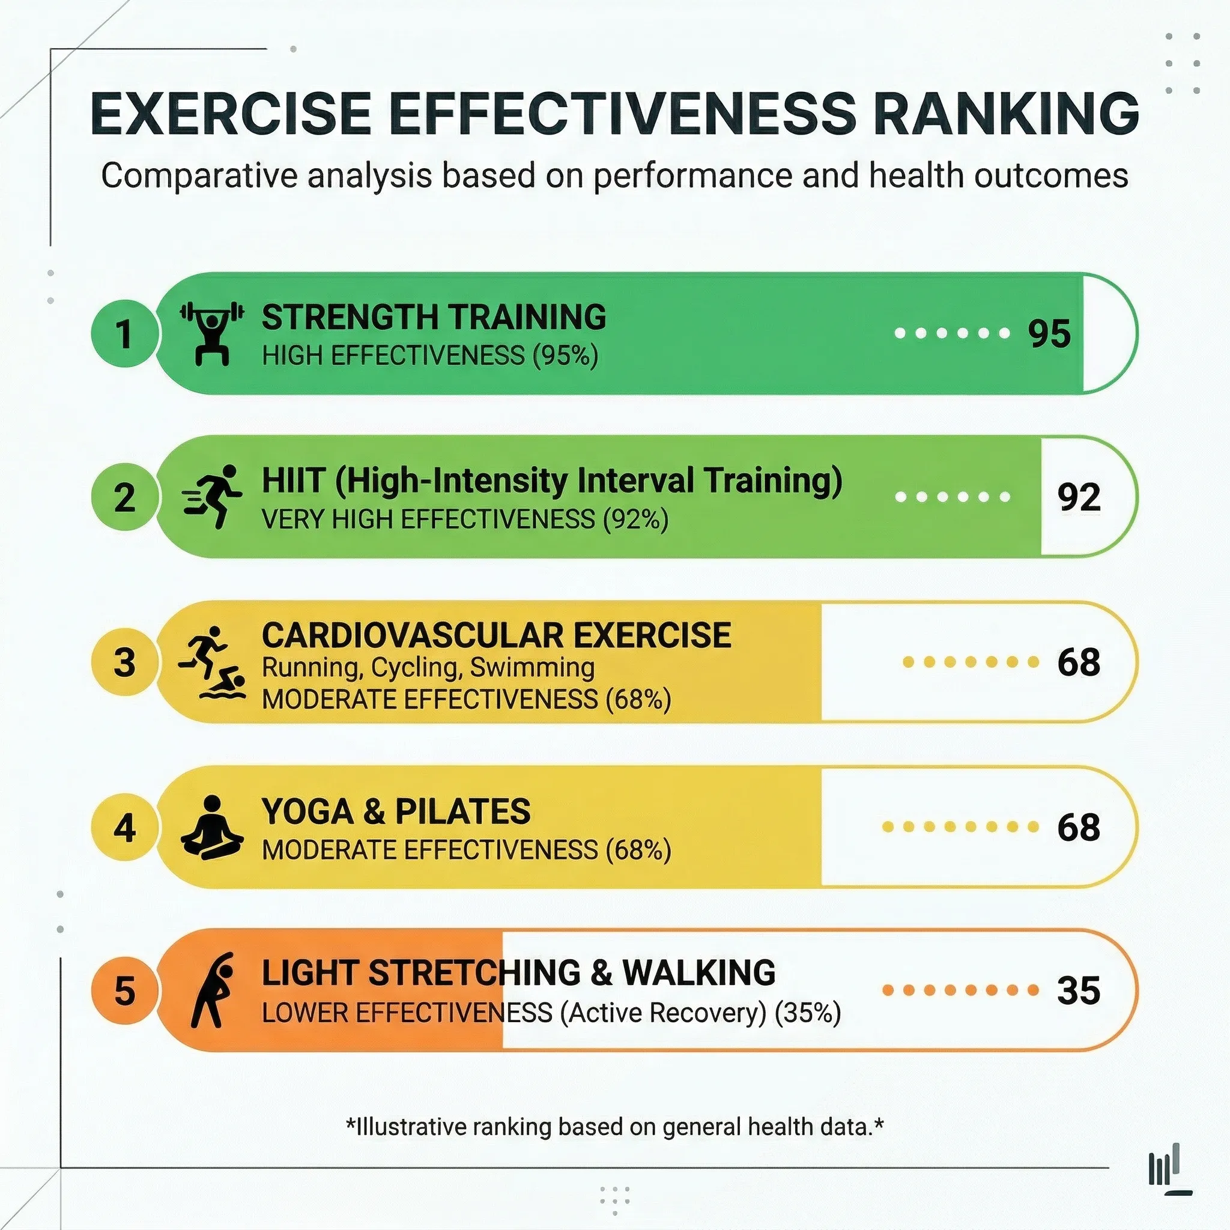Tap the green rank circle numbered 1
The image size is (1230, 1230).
point(124,333)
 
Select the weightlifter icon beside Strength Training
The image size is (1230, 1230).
point(212,333)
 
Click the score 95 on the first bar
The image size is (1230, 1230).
point(1049,333)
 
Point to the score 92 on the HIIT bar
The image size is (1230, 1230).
point(1079,497)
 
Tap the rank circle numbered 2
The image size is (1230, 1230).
point(124,497)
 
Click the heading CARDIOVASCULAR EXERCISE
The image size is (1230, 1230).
point(496,635)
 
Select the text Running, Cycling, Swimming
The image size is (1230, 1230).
point(428,667)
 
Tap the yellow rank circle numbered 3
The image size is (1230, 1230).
point(124,662)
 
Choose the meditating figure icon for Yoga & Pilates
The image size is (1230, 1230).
point(212,828)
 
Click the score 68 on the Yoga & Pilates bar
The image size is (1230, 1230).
point(1079,827)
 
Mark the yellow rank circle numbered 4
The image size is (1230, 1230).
point(124,828)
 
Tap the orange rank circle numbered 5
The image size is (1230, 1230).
point(124,991)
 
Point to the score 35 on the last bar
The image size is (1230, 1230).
point(1079,990)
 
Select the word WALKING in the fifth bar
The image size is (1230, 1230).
point(698,972)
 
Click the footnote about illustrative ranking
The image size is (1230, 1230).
point(614,1126)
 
